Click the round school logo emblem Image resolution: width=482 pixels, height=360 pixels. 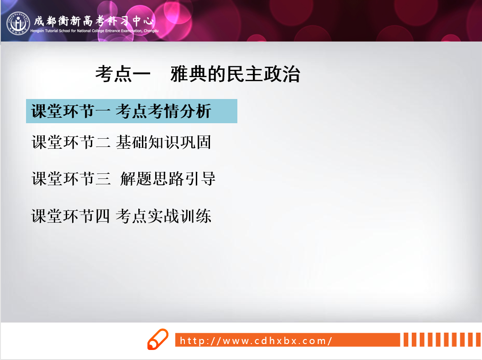click(18, 23)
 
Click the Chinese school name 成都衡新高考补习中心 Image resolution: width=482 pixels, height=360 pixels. click(94, 21)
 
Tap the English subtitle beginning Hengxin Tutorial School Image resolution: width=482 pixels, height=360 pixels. click(94, 31)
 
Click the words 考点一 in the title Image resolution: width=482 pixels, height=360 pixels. click(123, 74)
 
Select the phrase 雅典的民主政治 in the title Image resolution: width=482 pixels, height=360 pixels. click(235, 74)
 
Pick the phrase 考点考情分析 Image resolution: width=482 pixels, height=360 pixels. click(163, 111)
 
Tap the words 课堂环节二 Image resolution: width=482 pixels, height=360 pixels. click(71, 142)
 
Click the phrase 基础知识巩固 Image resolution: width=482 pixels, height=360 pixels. click(163, 142)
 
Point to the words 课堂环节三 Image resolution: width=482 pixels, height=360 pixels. click(71, 178)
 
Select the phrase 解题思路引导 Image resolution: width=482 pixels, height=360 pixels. click(168, 178)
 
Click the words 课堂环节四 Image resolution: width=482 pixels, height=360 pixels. click(70, 216)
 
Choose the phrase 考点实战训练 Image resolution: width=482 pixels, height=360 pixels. click(163, 216)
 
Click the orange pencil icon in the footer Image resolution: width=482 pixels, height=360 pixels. click(157, 339)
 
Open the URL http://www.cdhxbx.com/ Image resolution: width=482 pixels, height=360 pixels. click(256, 341)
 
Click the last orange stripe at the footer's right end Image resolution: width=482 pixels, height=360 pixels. click(478, 340)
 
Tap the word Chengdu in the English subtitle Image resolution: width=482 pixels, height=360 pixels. click(151, 31)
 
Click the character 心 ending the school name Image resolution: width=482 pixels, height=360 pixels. click(148, 21)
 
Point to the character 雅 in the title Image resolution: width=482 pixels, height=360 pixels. click(179, 74)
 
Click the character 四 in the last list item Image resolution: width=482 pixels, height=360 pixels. click(102, 216)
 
